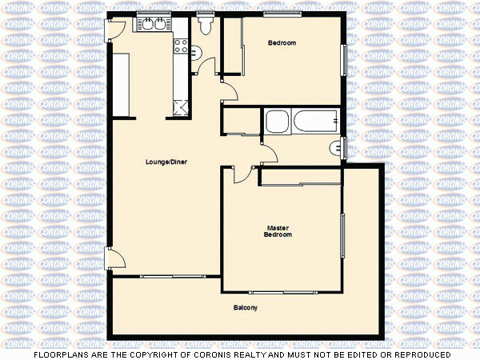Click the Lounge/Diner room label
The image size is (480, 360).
[x=166, y=162]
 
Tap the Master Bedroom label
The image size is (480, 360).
[x=278, y=232]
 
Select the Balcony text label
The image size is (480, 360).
[x=246, y=308]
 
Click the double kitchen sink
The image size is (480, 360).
[x=154, y=24]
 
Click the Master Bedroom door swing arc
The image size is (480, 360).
[x=242, y=172]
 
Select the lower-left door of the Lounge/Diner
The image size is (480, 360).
[x=114, y=258]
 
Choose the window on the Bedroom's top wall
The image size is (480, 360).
[x=282, y=14]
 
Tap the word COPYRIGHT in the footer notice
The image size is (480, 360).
[x=166, y=354]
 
